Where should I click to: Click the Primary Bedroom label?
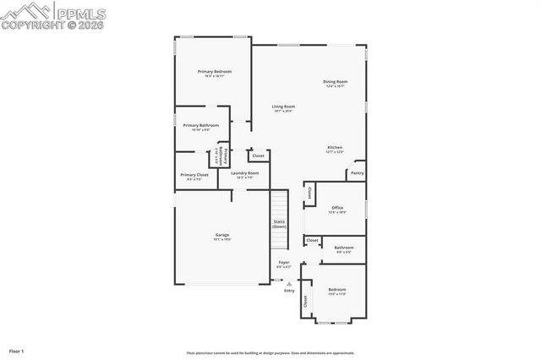tap(215, 72)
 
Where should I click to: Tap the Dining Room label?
tap(336, 82)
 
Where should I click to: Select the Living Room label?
tap(283, 107)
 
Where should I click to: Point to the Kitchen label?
tap(336, 148)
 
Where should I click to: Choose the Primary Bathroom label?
tap(201, 125)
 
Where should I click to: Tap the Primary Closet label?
tap(194, 175)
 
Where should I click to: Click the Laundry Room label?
tap(245, 173)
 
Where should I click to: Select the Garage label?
tap(222, 235)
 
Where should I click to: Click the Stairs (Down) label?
tap(279, 225)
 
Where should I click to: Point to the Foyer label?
tap(284, 263)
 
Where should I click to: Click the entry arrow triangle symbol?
tap(289, 283)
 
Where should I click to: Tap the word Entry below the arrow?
tap(289, 291)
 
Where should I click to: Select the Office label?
tap(337, 208)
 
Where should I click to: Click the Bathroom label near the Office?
tap(344, 248)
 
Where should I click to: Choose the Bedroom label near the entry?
tap(337, 290)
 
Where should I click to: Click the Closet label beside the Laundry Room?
tap(259, 155)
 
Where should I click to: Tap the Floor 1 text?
tap(17, 350)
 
